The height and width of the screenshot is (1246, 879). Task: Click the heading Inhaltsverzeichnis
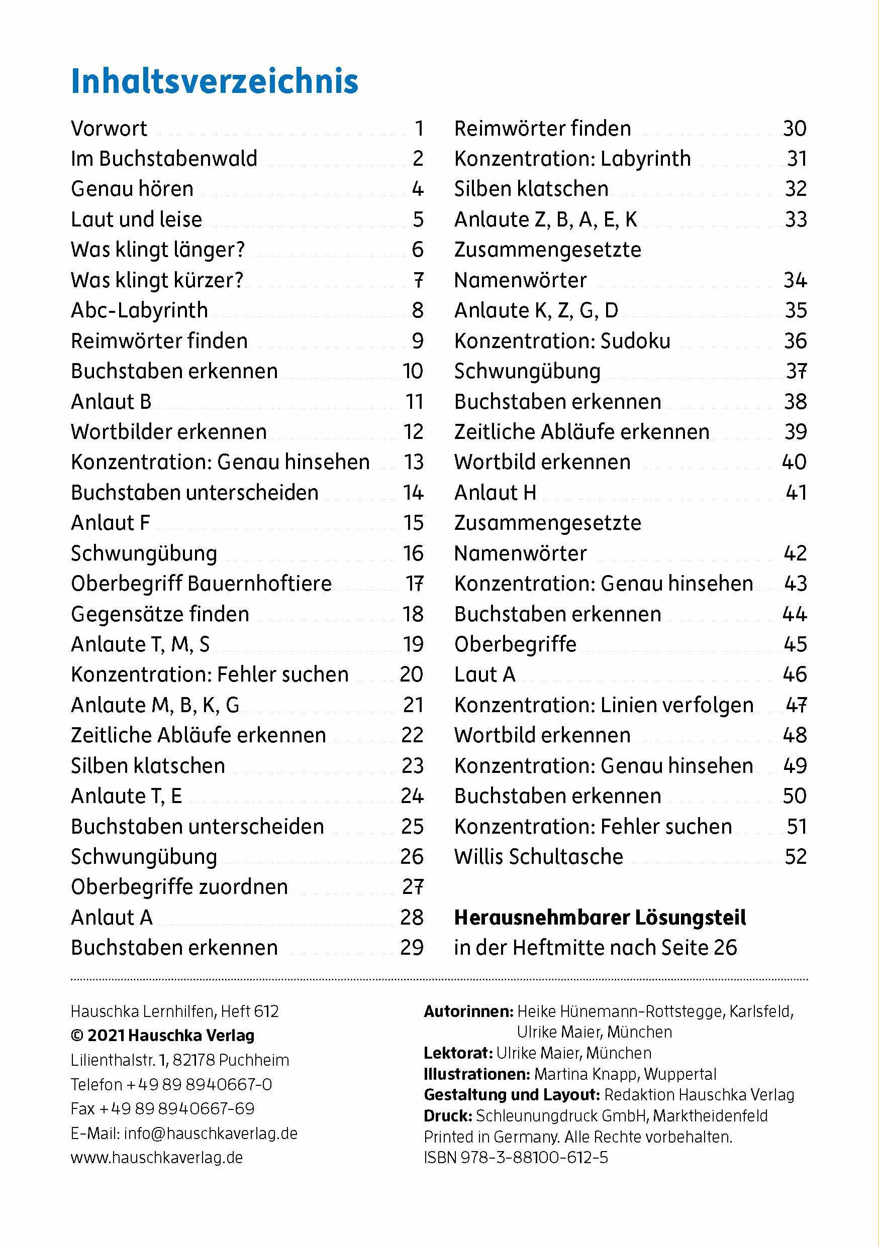pos(215,81)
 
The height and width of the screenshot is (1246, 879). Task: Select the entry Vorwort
pos(109,129)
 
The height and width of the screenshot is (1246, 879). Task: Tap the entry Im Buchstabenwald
pos(164,159)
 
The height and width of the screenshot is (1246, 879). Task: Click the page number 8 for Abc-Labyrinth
pos(417,310)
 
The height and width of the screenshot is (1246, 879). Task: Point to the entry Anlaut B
pos(111,402)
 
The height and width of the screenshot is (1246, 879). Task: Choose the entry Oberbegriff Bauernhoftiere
pos(201,584)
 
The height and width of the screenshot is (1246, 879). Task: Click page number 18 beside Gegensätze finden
pos(413,614)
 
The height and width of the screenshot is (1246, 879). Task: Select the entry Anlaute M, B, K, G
pos(155,705)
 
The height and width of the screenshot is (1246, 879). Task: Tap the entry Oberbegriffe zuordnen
pos(179,887)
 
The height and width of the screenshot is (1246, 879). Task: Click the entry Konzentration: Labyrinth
pos(572,159)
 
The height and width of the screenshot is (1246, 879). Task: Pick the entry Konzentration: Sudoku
pos(562,342)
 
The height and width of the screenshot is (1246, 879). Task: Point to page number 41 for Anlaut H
pos(796,493)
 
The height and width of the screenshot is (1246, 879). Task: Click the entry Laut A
pos(484,674)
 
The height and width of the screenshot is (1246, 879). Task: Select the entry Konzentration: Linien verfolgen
pos(604,705)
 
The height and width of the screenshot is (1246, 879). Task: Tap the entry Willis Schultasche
pos(539,857)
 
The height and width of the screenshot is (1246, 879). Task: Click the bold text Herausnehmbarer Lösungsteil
pos(600,918)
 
